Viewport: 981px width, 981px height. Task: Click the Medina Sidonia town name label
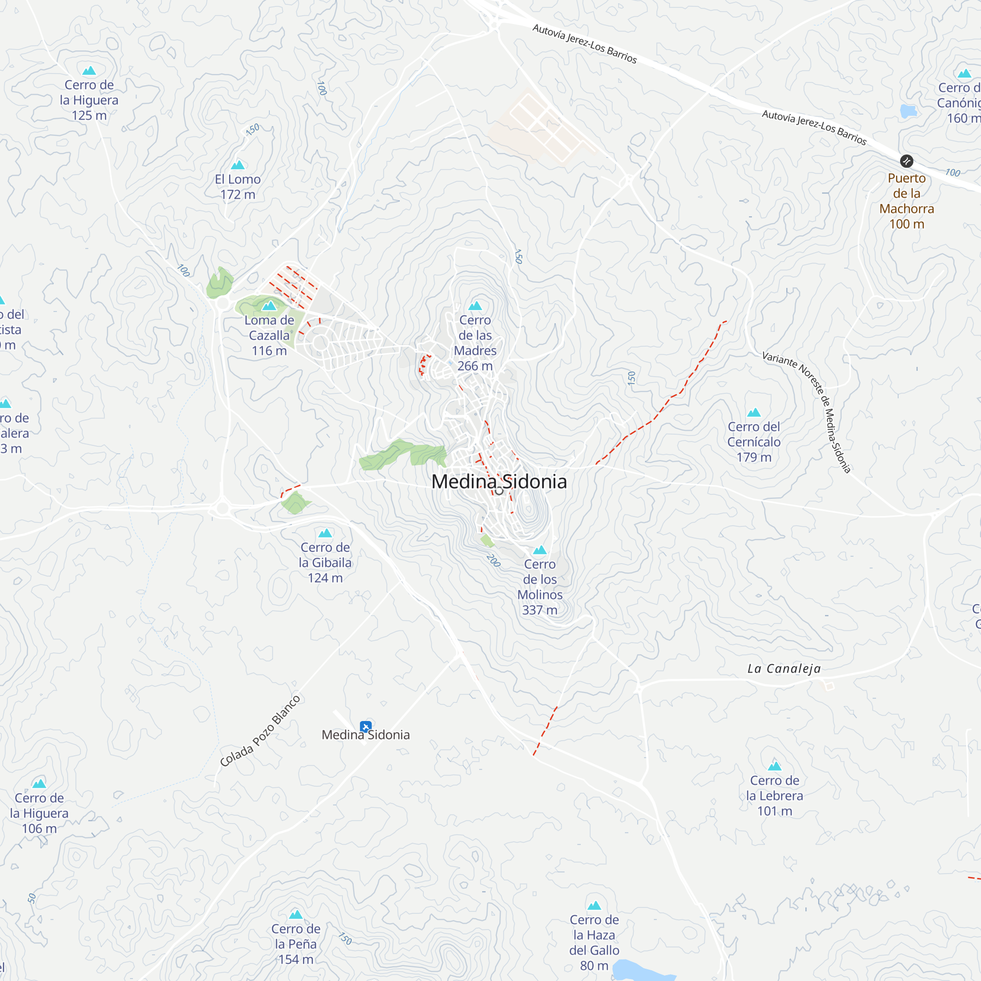[499, 481]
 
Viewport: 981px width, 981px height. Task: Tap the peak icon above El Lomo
[237, 165]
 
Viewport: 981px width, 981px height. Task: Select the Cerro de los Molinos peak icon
[540, 550]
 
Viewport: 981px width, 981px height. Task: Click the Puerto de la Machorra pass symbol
[906, 161]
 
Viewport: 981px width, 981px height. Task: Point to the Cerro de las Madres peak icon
[475, 306]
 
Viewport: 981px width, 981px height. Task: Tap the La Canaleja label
[784, 669]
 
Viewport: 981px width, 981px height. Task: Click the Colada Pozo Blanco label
[260, 731]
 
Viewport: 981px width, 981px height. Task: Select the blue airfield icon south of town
[365, 726]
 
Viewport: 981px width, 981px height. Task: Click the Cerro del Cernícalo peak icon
[753, 413]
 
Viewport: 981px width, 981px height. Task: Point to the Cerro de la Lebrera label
[774, 796]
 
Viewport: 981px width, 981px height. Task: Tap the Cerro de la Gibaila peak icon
[325, 533]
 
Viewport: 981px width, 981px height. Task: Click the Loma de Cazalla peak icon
[269, 306]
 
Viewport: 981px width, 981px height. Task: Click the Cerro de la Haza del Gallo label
[594, 942]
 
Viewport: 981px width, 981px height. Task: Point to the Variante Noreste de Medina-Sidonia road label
[807, 412]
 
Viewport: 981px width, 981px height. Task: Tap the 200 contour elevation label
[493, 561]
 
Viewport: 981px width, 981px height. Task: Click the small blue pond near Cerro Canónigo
[908, 111]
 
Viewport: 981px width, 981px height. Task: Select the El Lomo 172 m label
[237, 187]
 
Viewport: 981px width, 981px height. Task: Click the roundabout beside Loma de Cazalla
[222, 304]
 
